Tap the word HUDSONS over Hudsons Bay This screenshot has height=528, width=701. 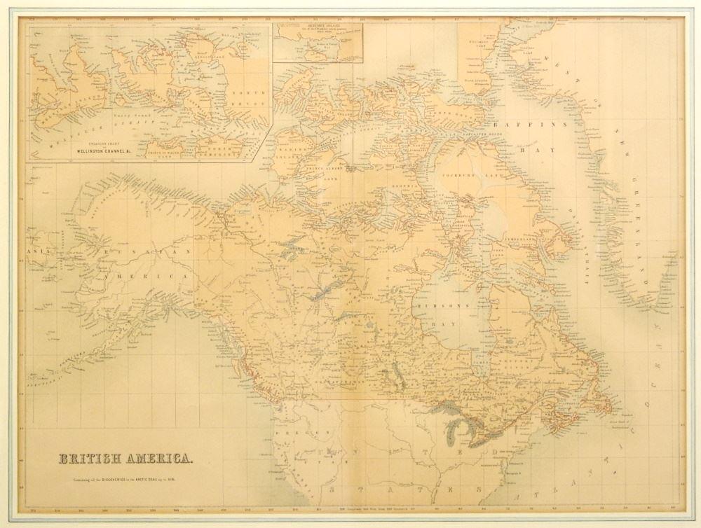[x=438, y=306]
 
